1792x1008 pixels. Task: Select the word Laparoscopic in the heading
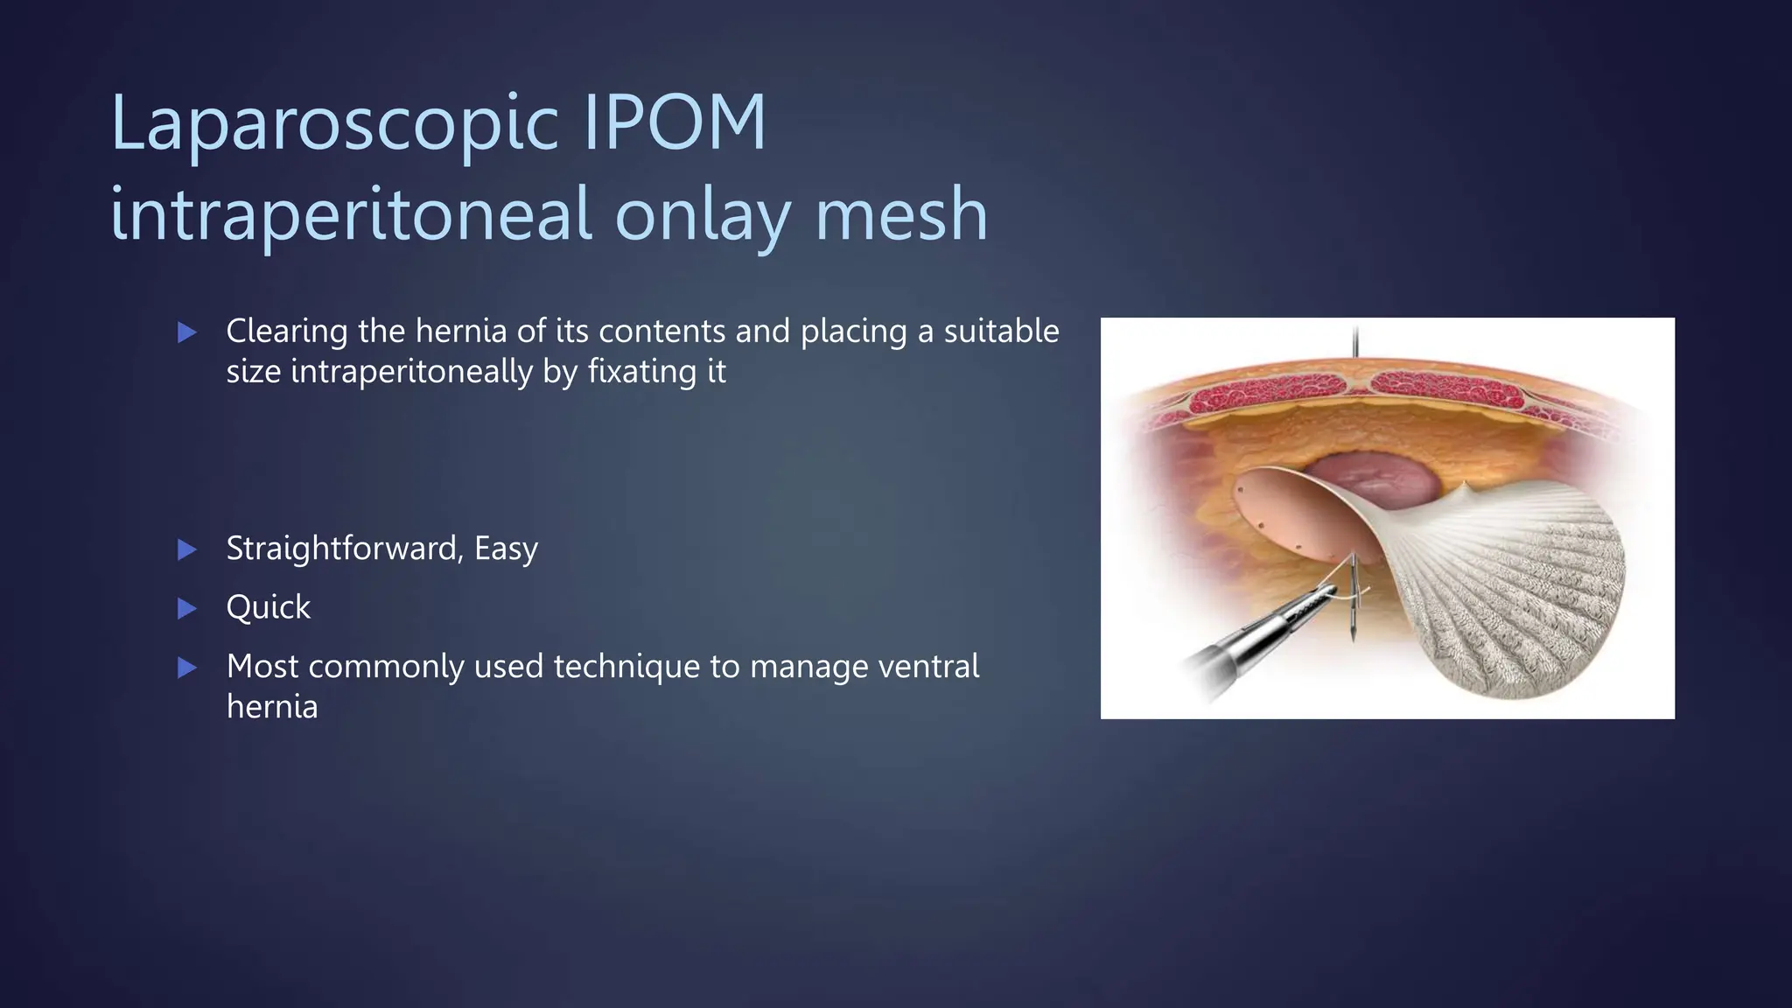[334, 124]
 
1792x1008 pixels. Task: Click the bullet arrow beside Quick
[186, 608]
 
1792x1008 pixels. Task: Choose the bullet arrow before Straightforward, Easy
[186, 549]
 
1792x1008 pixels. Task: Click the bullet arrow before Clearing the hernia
[186, 332]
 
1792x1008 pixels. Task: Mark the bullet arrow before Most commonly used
[186, 668]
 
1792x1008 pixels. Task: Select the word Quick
[268, 607]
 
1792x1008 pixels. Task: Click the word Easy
[506, 549]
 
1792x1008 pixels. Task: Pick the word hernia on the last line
[271, 706]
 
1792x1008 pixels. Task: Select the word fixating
[637, 372]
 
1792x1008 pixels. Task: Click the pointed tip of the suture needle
[1353, 638]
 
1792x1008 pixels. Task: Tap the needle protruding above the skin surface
[1355, 341]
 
